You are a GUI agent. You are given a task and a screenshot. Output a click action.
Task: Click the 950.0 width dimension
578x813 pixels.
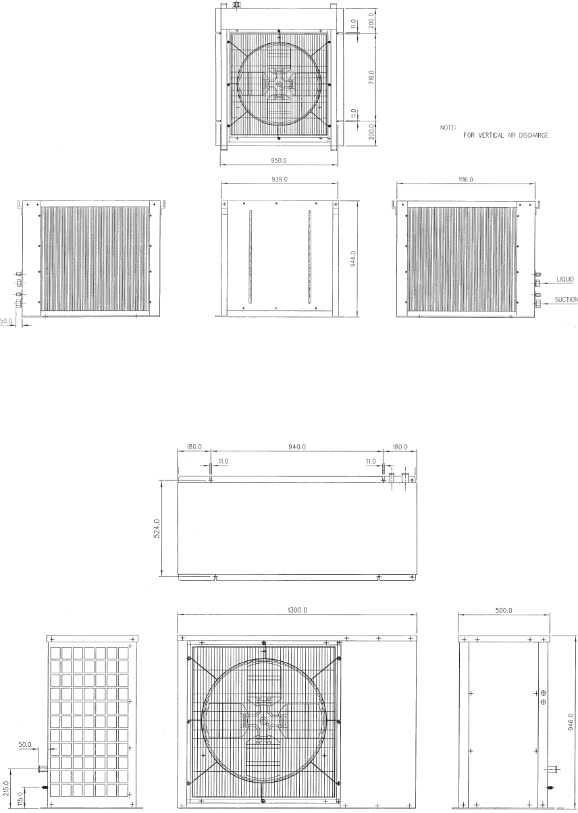click(x=279, y=160)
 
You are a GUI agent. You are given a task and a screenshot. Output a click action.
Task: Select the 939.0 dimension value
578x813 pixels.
click(x=280, y=179)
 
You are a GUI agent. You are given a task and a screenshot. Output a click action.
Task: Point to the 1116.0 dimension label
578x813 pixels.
click(x=466, y=179)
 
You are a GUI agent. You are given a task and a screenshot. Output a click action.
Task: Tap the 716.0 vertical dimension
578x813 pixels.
click(x=371, y=78)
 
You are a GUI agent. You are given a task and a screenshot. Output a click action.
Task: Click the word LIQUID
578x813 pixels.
click(x=565, y=279)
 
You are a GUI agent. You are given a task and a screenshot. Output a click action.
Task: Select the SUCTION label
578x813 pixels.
click(x=566, y=300)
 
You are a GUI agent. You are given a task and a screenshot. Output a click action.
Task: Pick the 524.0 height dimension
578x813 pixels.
click(x=157, y=528)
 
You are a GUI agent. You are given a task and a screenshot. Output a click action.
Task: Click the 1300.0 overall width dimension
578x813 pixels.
click(x=297, y=610)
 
